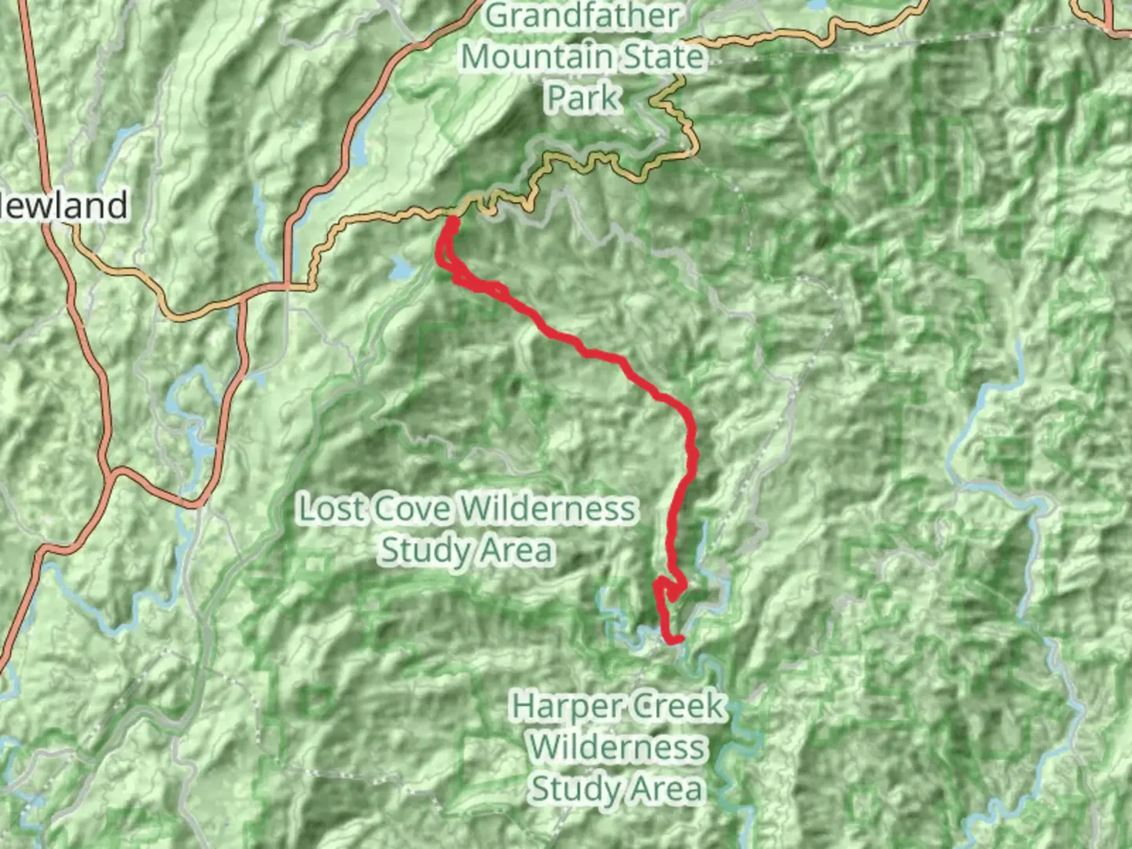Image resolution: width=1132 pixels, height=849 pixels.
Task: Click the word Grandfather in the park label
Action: (x=582, y=17)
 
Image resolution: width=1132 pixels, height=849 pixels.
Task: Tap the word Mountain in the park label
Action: (x=537, y=57)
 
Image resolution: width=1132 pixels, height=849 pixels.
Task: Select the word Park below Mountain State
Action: (x=583, y=97)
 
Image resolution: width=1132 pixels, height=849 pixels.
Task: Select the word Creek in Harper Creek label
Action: (x=679, y=706)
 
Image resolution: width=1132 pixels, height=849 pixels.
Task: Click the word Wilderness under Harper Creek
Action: (x=616, y=747)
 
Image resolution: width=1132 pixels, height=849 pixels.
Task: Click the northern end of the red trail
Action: (x=453, y=221)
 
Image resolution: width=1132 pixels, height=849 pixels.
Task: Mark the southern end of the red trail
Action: (x=674, y=641)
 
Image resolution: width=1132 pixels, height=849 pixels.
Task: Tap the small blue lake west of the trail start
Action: (x=401, y=270)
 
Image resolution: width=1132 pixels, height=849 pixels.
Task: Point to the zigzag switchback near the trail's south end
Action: (x=668, y=588)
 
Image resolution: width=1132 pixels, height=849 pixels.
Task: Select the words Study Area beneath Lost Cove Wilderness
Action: (x=467, y=549)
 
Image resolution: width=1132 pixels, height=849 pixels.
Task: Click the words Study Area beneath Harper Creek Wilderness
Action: (x=616, y=788)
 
